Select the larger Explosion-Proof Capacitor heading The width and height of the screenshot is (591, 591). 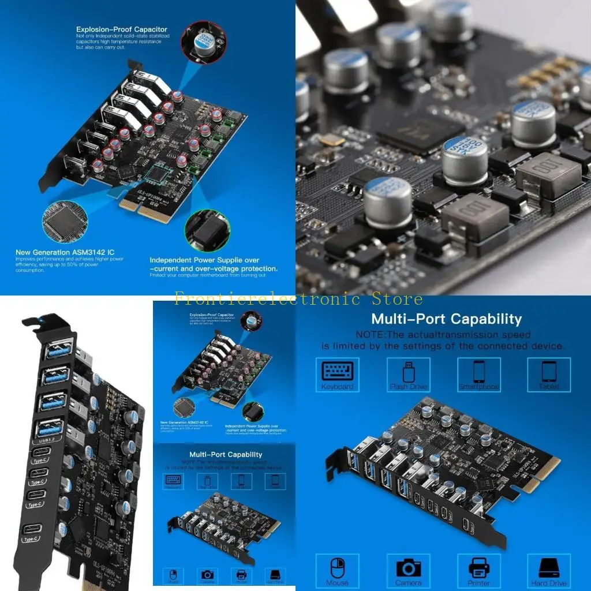pyautogui.click(x=122, y=29)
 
